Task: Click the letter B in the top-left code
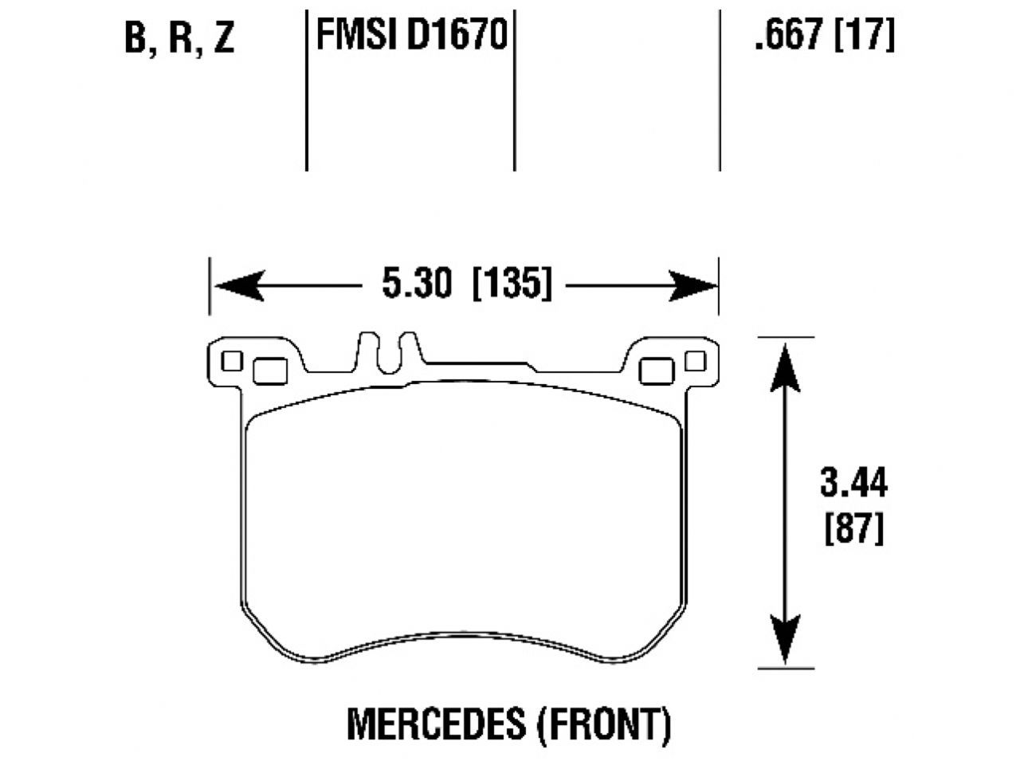tap(137, 37)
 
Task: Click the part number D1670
tap(457, 35)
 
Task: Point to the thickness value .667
tap(787, 35)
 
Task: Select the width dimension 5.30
tap(417, 284)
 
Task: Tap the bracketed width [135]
tap(512, 284)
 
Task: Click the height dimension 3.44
tap(853, 483)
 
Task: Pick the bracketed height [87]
tap(853, 530)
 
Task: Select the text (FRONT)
tap(602, 724)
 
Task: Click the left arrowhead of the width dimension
tap(238, 285)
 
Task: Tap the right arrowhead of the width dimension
tap(693, 285)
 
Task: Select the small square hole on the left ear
tap(232, 361)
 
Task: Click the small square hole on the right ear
tap(695, 361)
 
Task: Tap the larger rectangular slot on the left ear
tap(269, 370)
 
